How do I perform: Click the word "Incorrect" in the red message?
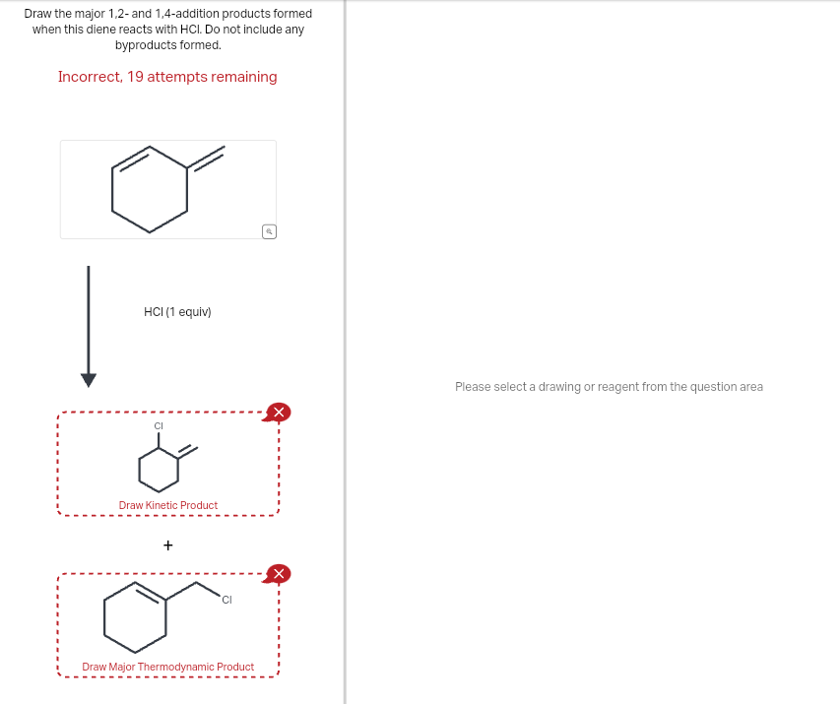pyautogui.click(x=89, y=77)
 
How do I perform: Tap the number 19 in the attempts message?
pyautogui.click(x=136, y=77)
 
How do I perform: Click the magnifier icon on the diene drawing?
pyautogui.click(x=269, y=231)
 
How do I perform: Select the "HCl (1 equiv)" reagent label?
pyautogui.click(x=177, y=312)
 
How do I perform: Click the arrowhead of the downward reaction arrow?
pyautogui.click(x=89, y=380)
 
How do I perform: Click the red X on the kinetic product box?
pyautogui.click(x=279, y=412)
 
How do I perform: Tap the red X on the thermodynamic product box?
pyautogui.click(x=279, y=573)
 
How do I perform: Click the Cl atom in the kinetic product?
pyautogui.click(x=158, y=425)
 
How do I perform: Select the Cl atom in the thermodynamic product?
pyautogui.click(x=226, y=600)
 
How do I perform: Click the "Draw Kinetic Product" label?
pyautogui.click(x=168, y=505)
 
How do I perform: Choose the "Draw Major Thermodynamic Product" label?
pyautogui.click(x=168, y=667)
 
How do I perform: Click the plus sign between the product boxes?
pyautogui.click(x=168, y=544)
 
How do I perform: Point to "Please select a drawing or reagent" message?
pyautogui.click(x=609, y=387)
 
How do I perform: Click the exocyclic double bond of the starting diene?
pyautogui.click(x=206, y=158)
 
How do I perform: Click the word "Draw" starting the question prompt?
pyautogui.click(x=38, y=14)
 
